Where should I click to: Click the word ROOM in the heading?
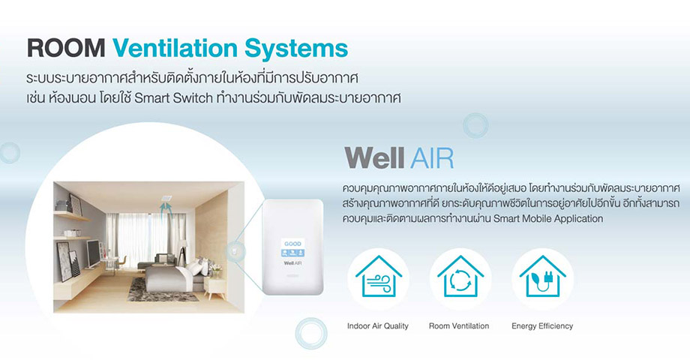tap(66, 49)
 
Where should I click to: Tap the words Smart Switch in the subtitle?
tap(173, 97)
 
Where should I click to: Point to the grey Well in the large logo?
tap(374, 157)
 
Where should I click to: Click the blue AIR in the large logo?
tap(431, 158)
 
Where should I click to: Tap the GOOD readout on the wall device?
tap(292, 243)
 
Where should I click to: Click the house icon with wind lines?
tap(379, 277)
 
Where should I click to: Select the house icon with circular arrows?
tap(460, 277)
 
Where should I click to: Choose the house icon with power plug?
tap(542, 277)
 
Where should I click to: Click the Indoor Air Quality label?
tap(377, 326)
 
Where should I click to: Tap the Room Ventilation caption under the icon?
tap(459, 326)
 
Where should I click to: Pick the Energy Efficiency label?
tap(542, 326)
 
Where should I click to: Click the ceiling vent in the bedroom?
tap(166, 198)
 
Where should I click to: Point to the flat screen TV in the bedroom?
tap(93, 253)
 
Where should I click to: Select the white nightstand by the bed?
tap(214, 287)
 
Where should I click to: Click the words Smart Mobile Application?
tap(547, 219)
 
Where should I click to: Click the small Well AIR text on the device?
tap(292, 262)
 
